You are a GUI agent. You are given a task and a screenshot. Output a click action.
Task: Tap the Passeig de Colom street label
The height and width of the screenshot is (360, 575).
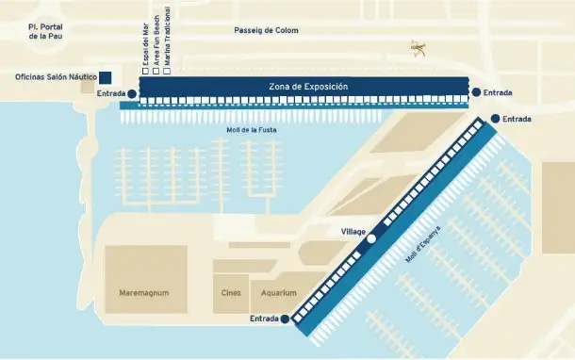click(x=267, y=30)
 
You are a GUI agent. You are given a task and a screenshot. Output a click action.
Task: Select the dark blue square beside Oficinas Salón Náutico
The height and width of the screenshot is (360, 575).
click(x=106, y=77)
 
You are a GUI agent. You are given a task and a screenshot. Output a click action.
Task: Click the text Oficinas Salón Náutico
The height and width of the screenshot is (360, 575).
click(x=57, y=77)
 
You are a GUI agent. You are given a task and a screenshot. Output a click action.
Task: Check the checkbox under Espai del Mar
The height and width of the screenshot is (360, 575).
click(x=144, y=71)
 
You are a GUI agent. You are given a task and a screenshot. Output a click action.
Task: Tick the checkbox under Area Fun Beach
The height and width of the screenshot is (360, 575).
click(x=156, y=71)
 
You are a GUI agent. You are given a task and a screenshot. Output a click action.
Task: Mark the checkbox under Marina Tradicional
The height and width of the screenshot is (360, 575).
click(x=167, y=71)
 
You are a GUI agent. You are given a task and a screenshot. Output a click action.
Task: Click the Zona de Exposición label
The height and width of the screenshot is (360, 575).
click(x=308, y=87)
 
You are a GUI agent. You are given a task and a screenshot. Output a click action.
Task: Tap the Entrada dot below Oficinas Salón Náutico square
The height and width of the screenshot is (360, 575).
click(x=131, y=94)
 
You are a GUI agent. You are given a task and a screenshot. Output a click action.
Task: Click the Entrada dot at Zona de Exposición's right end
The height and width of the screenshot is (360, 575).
click(x=477, y=92)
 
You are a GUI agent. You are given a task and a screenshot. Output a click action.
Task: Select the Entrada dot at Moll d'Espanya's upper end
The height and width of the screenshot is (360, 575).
click(x=494, y=119)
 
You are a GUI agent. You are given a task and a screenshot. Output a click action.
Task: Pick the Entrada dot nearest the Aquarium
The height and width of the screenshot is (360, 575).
click(x=285, y=319)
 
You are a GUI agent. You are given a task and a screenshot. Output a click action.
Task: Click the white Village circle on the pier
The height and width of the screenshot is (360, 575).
click(x=371, y=239)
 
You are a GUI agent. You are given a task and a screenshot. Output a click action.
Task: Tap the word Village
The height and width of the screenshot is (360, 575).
click(x=353, y=231)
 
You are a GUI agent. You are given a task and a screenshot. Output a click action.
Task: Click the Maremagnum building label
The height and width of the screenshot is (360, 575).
click(x=144, y=293)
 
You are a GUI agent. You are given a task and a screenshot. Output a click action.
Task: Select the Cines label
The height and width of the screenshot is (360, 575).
click(x=231, y=293)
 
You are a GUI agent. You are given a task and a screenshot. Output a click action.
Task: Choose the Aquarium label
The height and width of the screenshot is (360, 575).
click(x=279, y=293)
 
